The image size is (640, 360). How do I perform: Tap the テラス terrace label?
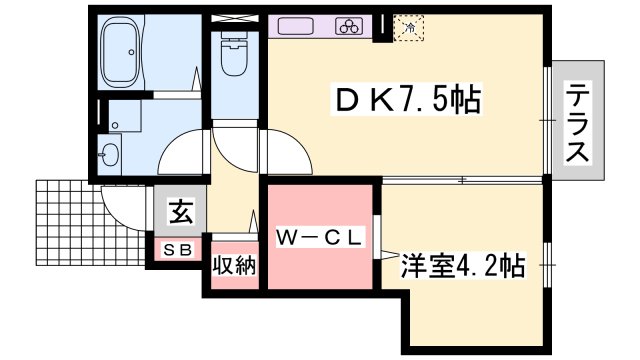[x=577, y=125]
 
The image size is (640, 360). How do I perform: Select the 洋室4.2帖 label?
[x=463, y=266]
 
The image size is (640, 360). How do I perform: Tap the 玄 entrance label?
[x=180, y=212]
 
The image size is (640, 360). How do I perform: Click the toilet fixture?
[x=232, y=58]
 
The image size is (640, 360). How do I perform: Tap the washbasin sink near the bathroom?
[x=111, y=154]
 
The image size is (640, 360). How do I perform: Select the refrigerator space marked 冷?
[x=408, y=28]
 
